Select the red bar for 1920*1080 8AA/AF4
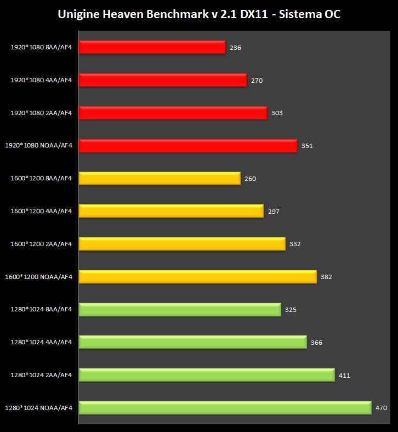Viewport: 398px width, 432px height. tap(152, 47)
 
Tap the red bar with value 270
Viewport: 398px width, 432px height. tap(163, 80)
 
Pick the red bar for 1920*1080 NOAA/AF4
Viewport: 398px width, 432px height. tap(188, 145)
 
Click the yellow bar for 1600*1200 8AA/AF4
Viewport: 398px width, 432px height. tap(160, 178)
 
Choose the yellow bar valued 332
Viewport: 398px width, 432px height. tap(182, 244)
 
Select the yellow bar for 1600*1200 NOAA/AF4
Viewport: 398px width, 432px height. tap(197, 276)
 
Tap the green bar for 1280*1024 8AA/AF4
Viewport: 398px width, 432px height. tap(180, 309)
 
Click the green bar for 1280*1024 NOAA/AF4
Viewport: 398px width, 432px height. tap(225, 408)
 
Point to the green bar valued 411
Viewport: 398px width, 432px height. tap(207, 375)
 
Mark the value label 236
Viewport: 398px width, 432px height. tap(235, 48)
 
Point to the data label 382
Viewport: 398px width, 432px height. tap(326, 277)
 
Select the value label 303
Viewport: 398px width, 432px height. tap(277, 113)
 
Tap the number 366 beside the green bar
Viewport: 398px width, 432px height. tap(316, 343)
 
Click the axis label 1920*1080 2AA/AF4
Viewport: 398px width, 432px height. tap(41, 113)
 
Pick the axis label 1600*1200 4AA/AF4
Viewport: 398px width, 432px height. tap(41, 211)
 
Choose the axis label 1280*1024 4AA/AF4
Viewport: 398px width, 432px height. tap(41, 342)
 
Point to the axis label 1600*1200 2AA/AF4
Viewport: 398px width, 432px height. tap(41, 244)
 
